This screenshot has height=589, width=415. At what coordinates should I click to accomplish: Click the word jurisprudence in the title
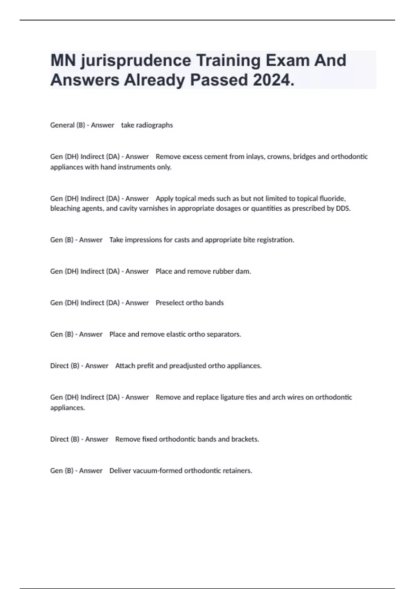pos(136,61)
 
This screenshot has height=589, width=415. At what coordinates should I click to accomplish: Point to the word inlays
pos(255,157)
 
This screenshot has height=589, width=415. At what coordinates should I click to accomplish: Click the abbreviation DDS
pos(343,209)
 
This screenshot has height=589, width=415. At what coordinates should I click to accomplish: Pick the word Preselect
pos(169,303)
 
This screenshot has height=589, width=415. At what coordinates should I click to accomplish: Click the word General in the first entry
pos(62,125)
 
